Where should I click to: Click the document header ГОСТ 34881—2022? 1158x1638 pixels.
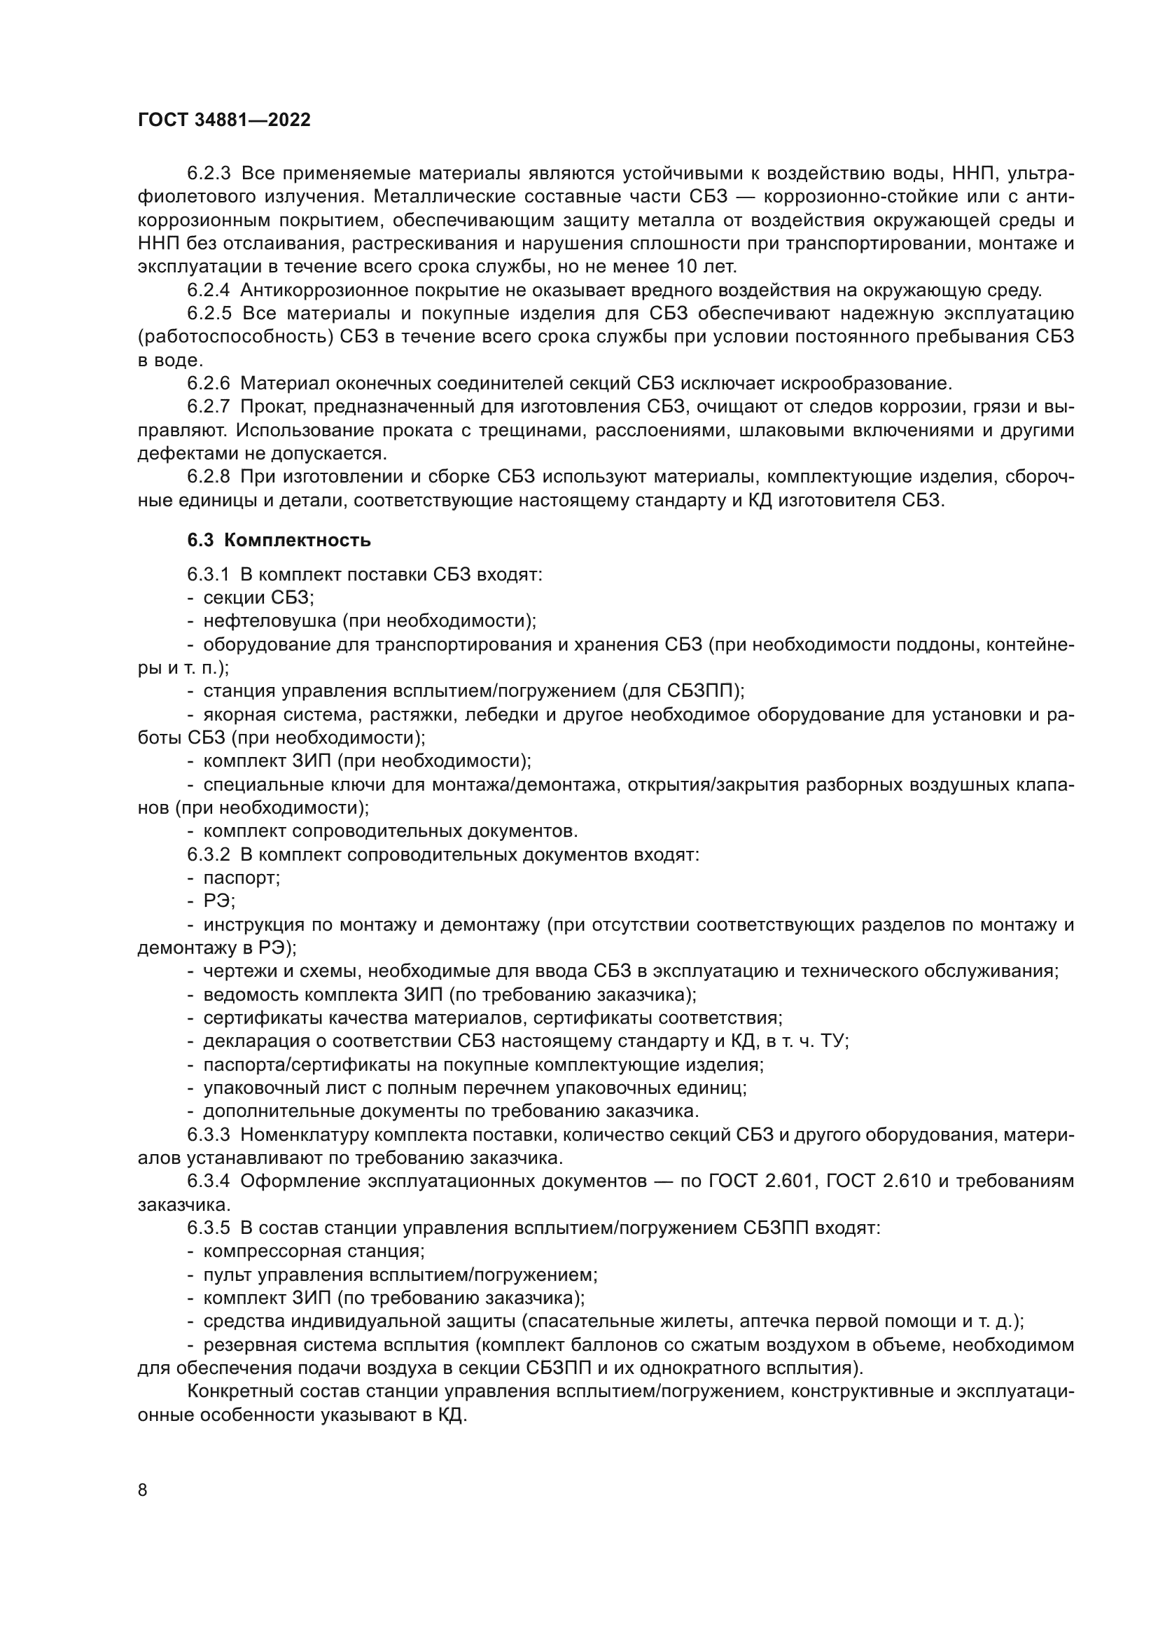click(224, 120)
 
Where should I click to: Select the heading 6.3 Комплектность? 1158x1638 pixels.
click(279, 540)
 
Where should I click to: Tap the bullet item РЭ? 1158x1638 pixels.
click(219, 901)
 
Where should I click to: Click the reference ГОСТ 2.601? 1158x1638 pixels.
click(761, 1181)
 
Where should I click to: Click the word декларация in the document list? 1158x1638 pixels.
click(255, 1041)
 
